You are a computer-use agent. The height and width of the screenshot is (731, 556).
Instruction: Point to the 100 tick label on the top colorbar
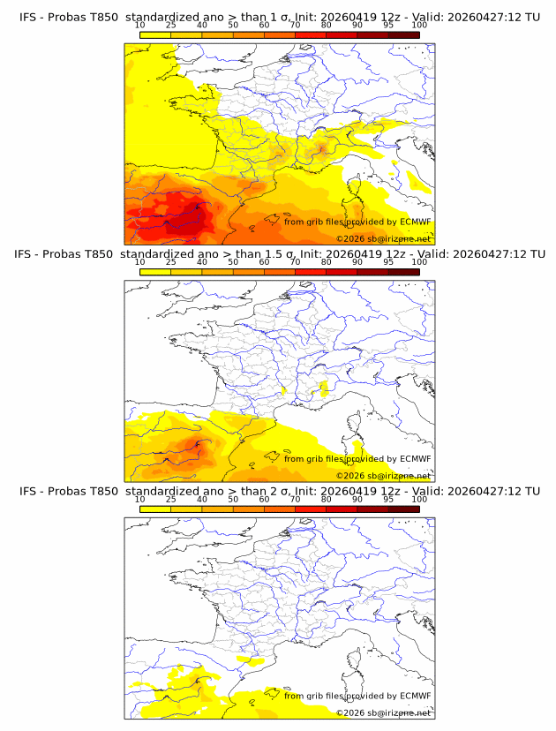pos(419,26)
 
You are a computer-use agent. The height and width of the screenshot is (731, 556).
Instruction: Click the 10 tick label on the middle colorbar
pos(139,263)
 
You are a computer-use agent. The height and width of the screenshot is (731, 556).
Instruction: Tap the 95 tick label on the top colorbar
pos(388,26)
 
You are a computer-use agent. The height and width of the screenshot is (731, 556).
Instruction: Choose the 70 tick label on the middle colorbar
pos(295,263)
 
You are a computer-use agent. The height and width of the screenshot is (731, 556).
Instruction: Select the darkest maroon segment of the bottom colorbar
pos(403,509)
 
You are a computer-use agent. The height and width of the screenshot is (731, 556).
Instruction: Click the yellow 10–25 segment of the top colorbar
pos(155,35)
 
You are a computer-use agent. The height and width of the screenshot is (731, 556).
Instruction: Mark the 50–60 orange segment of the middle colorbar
pos(248,272)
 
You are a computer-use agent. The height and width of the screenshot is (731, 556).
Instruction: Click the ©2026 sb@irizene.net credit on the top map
pos(383,238)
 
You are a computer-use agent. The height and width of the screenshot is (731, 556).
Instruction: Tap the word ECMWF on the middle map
pos(415,458)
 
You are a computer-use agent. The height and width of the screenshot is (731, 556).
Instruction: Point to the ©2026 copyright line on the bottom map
pos(383,712)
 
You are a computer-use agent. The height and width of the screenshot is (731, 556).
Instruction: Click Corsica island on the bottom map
pos(357,664)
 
